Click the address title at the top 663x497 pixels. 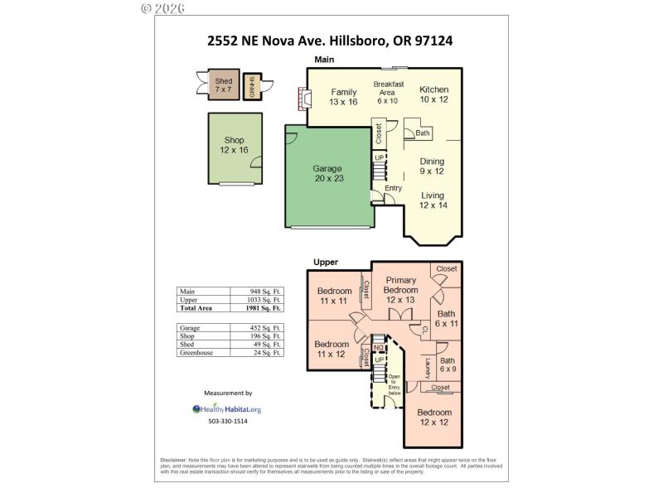pos(330,38)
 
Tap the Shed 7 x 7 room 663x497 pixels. pos(224,85)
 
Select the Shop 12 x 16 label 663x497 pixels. pos(235,145)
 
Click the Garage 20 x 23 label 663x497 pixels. pos(327,173)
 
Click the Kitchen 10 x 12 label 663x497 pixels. pos(433,94)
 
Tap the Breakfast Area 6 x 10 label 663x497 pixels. pos(388,92)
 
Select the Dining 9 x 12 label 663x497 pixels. pos(432,166)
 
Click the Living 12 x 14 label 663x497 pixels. pos(433,200)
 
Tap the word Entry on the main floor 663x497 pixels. pos(393,188)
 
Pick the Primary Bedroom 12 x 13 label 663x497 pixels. pos(400,290)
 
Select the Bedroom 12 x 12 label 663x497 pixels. pos(434,417)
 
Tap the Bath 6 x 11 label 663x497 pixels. pos(447,319)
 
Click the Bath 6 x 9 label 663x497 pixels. pos(447,365)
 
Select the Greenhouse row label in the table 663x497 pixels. pos(196,353)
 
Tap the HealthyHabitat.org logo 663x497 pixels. pos(227,409)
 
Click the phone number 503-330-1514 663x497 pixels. pos(227,422)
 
